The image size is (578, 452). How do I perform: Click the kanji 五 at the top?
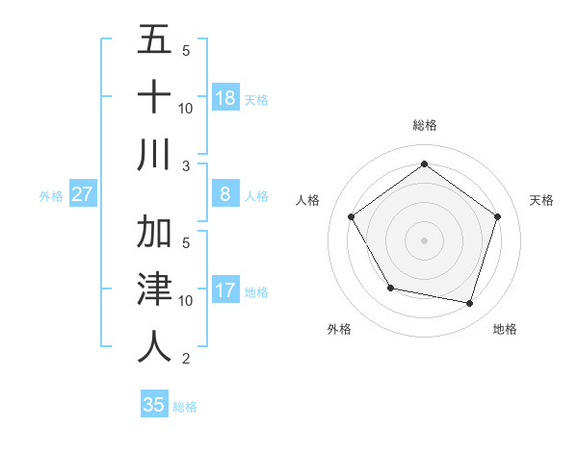[154, 40]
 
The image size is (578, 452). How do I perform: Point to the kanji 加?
[154, 232]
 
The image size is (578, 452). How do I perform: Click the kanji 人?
[154, 346]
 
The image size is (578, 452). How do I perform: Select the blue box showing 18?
[225, 97]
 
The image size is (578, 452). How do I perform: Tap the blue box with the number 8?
[225, 194]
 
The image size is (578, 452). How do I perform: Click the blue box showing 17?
[225, 290]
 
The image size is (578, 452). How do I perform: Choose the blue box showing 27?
[83, 194]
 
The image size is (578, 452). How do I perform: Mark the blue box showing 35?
[154, 405]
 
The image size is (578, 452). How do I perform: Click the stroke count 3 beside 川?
[185, 165]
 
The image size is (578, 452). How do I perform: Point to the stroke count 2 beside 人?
[185, 359]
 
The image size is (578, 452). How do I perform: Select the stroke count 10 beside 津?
[186, 301]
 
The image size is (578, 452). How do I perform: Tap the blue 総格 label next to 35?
[186, 407]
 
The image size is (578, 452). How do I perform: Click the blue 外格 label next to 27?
[51, 196]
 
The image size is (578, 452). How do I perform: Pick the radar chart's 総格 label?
[424, 125]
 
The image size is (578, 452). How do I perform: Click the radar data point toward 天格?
[497, 216]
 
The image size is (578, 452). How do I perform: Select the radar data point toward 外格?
[389, 288]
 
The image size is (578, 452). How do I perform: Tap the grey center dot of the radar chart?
[424, 239]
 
